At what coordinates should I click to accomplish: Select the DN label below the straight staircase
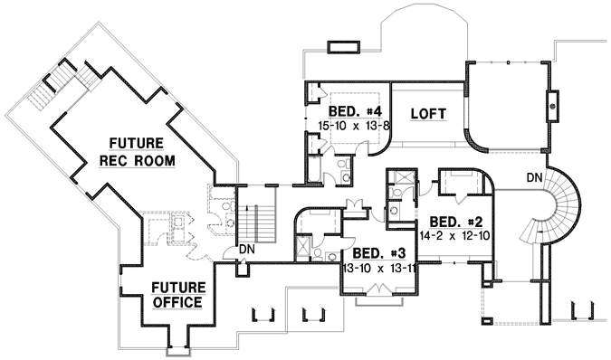click(x=244, y=250)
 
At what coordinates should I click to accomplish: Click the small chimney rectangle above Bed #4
click(x=344, y=45)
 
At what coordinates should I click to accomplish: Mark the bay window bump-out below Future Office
click(x=177, y=342)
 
